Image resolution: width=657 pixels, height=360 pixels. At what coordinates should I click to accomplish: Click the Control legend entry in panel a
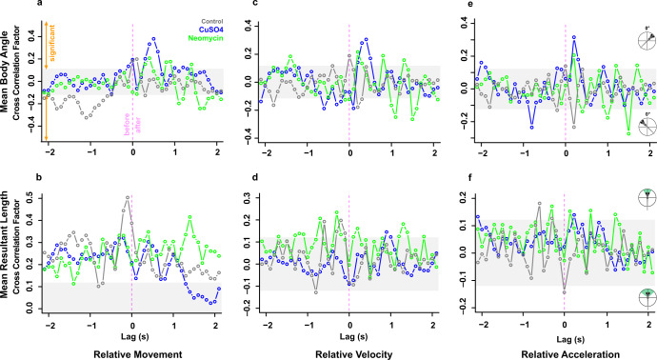point(212,21)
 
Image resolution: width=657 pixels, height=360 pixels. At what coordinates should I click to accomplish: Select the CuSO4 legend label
point(210,30)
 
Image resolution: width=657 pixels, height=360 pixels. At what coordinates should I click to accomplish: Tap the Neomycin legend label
point(206,38)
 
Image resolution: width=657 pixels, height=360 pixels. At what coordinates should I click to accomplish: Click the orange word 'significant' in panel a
point(52,43)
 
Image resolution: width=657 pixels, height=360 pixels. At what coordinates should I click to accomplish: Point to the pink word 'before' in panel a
point(127,124)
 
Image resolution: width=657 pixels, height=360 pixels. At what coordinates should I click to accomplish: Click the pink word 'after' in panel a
point(138,125)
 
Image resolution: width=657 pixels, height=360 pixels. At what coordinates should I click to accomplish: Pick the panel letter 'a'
point(39,4)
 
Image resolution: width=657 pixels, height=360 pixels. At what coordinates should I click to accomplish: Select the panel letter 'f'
point(470,177)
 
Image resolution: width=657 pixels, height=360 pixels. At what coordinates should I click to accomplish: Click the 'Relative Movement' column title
point(138,354)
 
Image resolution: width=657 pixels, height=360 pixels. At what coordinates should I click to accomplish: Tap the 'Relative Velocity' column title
point(354,354)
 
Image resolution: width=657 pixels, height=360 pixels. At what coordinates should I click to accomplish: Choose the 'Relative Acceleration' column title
point(570,354)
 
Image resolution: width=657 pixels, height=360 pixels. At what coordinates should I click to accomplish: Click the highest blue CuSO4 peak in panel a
point(153,38)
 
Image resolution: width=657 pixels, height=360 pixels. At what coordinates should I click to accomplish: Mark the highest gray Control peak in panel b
point(128,197)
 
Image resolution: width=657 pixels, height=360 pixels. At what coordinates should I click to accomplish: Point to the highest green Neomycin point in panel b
point(189,217)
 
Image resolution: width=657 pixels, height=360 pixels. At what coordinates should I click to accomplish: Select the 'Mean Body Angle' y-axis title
point(5,71)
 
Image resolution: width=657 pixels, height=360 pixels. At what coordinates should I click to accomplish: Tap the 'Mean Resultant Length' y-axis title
point(5,245)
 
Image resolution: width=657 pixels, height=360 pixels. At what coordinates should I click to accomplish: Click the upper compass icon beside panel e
point(647,40)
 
